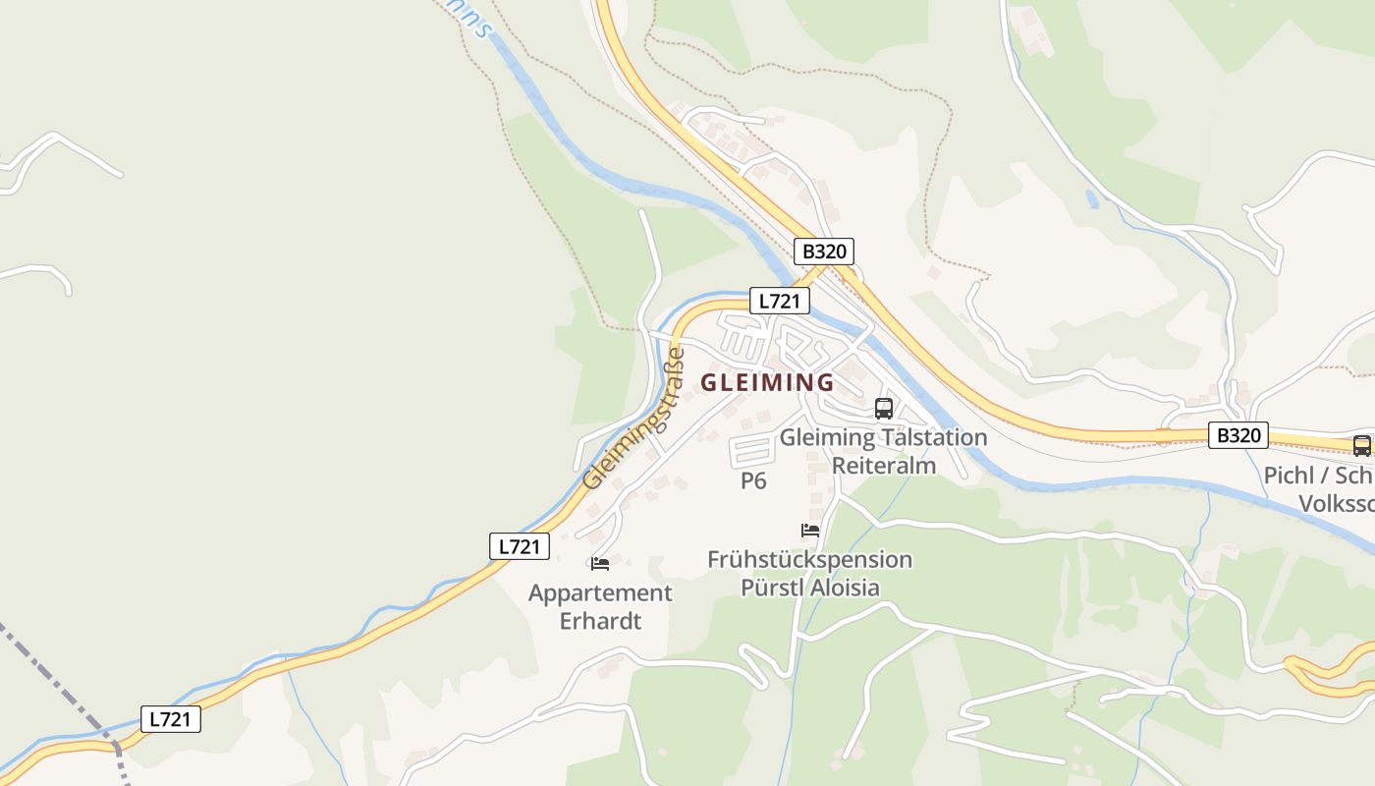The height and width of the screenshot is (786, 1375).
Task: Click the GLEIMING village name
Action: click(767, 382)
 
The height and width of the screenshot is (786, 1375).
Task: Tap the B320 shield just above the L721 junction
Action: click(824, 252)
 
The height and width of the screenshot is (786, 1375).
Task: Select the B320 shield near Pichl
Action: click(1237, 435)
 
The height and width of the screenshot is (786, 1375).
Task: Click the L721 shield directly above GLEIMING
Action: click(780, 301)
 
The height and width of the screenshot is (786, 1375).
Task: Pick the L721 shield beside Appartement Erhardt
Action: click(520, 546)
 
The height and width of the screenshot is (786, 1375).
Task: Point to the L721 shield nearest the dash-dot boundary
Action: click(171, 719)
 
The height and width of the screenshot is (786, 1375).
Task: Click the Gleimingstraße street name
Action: click(634, 419)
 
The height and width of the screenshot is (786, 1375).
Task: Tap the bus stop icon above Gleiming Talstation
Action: click(884, 409)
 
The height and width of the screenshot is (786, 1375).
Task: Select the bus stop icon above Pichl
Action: click(1361, 445)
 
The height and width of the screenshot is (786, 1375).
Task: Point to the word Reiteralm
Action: click(884, 465)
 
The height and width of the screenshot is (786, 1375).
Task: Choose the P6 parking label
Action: click(753, 481)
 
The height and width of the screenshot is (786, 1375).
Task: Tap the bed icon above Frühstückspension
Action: click(810, 531)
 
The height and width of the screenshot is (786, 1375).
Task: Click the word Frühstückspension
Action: click(809, 560)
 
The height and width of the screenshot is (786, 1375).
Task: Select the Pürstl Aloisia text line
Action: click(809, 588)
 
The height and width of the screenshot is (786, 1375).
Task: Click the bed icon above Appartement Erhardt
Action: click(600, 564)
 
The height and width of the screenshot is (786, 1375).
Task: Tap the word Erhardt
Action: click(600, 621)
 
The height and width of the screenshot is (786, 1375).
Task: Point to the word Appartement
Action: click(600, 593)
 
